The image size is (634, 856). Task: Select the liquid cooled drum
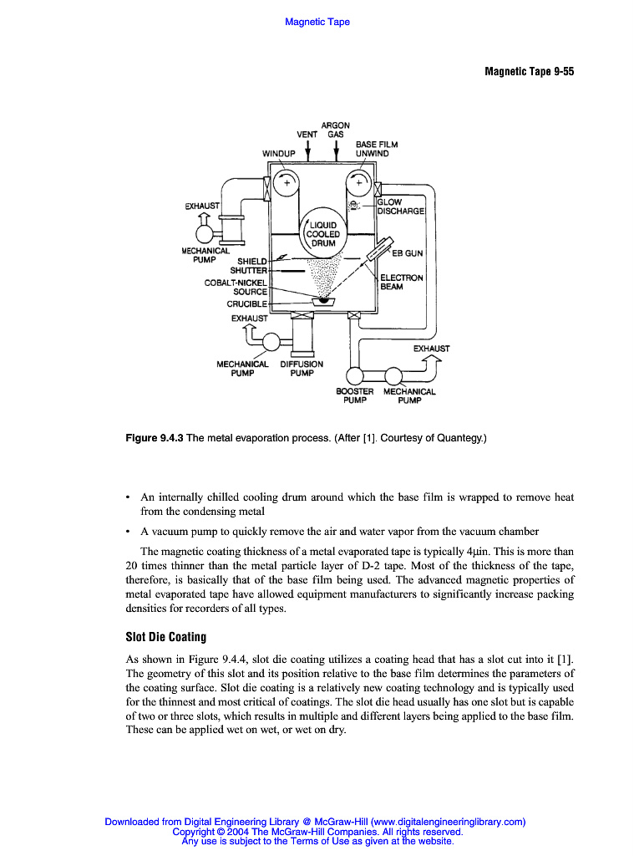[x=322, y=233]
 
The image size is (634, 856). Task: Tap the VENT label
[x=307, y=135]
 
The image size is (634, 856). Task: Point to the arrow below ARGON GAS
[x=336, y=151]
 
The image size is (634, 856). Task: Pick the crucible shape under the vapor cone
[x=320, y=302]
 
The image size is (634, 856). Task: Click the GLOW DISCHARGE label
[x=401, y=206]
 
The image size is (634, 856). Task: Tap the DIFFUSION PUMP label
[x=302, y=369]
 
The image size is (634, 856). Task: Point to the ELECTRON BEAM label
[x=402, y=283]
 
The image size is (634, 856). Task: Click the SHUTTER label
[x=248, y=270]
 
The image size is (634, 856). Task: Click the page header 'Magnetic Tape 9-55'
[x=529, y=72]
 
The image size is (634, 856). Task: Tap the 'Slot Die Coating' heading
[x=165, y=637]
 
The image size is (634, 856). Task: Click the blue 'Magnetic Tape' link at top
[x=317, y=22]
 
